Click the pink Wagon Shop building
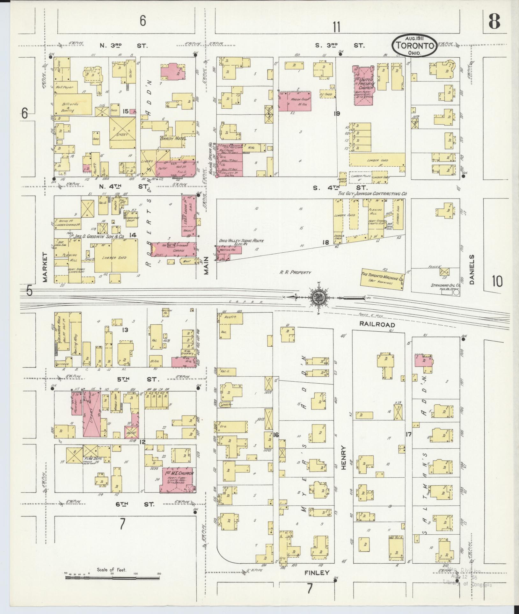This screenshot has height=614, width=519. [x=295, y=101]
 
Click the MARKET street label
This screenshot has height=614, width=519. [x=45, y=267]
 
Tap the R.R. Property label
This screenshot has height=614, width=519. [x=295, y=272]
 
